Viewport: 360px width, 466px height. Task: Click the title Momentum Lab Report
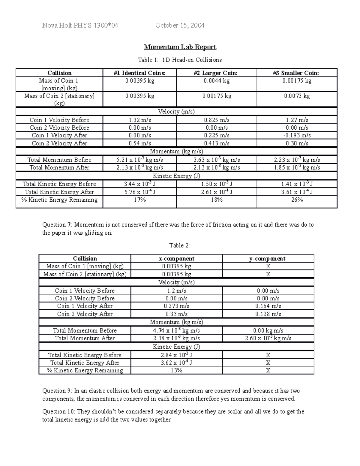coord(180,47)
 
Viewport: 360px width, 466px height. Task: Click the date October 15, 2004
coord(180,26)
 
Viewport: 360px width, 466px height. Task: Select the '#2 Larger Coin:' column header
coord(217,73)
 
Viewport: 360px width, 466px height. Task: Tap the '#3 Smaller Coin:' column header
coord(297,73)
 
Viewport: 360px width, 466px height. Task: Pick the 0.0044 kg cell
coord(217,81)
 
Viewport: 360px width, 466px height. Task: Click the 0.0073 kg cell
coord(297,96)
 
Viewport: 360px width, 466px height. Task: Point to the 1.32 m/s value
coord(140,120)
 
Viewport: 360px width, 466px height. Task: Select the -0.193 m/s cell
coord(297,135)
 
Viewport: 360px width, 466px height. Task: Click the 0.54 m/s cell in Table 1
coord(140,143)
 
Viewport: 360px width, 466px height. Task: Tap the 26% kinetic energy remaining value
coord(297,200)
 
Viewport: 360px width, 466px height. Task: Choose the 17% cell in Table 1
coord(140,200)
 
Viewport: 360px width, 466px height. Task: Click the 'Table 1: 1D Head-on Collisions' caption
coord(180,60)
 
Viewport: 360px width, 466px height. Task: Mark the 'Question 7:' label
coord(58,225)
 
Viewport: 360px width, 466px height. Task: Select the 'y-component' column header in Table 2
coord(268,259)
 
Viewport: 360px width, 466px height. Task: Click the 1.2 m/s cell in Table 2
coord(176,291)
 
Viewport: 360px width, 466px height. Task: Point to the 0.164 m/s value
coord(268,306)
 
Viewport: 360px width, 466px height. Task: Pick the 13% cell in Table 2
coord(176,371)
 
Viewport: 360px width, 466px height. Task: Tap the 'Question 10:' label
coord(59,412)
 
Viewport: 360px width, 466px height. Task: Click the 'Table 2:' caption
coord(179,245)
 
